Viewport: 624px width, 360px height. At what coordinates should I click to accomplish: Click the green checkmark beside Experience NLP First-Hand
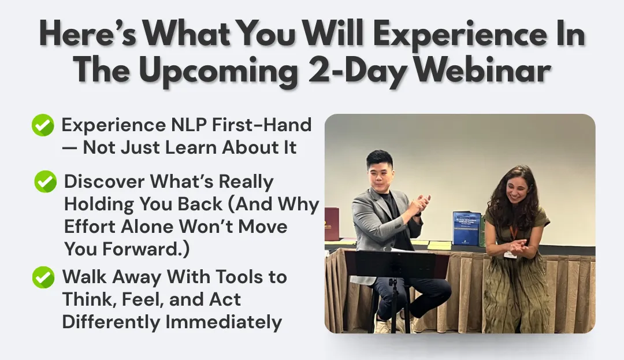(x=43, y=125)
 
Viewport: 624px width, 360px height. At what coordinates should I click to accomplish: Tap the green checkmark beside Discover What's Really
(x=46, y=181)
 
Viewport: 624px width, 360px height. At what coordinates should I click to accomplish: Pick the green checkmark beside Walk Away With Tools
(x=43, y=277)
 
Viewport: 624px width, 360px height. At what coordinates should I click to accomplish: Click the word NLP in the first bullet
(x=189, y=125)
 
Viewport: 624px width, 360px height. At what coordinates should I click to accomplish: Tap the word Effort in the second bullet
(x=90, y=227)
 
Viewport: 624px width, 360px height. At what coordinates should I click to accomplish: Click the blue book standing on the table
(x=466, y=228)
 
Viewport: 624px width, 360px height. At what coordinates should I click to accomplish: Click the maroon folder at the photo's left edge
(x=332, y=224)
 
